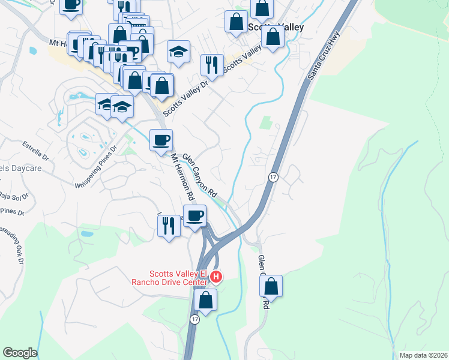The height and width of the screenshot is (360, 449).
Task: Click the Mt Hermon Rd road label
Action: coord(183,177)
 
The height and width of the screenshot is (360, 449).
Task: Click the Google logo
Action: coord(20,353)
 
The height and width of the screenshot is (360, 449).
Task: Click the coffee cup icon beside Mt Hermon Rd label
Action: coord(161,141)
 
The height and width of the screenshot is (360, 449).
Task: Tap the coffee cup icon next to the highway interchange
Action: coord(194,216)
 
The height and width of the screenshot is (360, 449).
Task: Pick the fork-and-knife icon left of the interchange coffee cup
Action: coord(168,226)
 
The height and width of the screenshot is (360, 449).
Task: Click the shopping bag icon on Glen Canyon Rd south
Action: coord(271,287)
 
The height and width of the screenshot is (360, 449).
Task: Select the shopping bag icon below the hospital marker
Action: coord(205,301)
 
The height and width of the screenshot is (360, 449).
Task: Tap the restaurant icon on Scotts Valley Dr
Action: coord(211,65)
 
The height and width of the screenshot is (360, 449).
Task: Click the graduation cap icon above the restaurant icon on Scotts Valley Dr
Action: coord(178,52)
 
